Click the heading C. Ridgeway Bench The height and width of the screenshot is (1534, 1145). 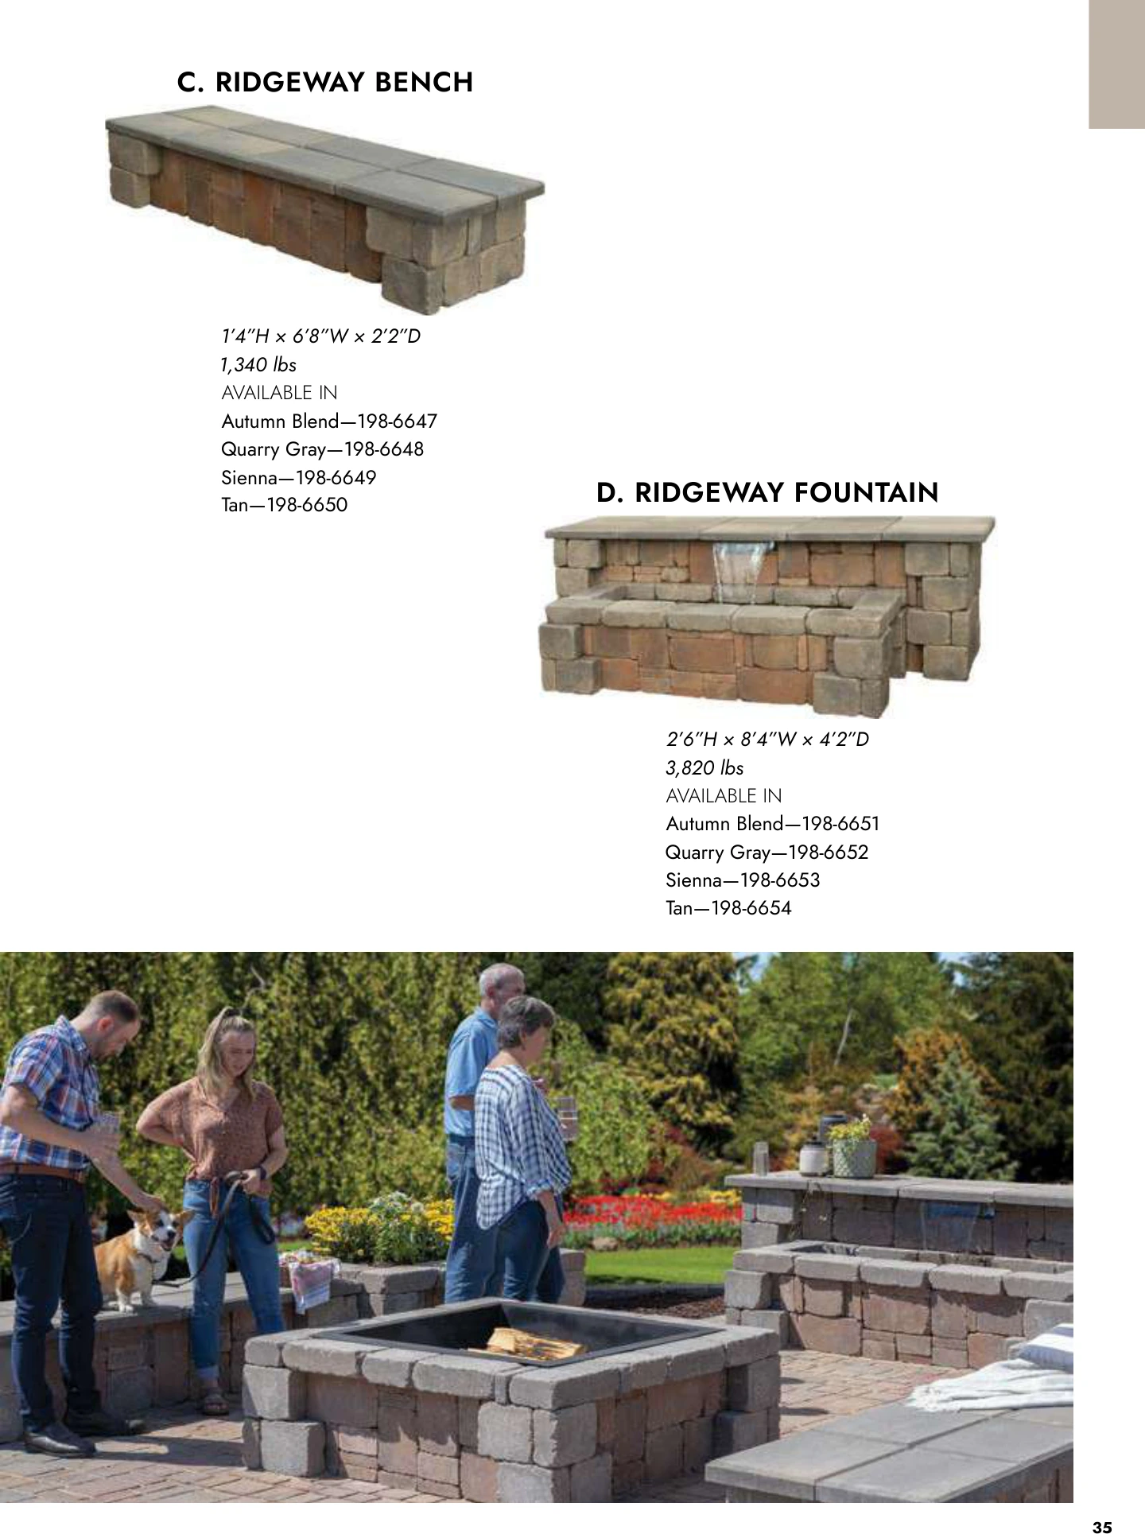[x=324, y=82]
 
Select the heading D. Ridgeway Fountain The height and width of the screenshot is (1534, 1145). [x=767, y=492]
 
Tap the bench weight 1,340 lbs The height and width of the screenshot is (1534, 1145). [x=258, y=365]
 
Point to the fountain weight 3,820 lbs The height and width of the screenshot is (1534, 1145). [x=704, y=768]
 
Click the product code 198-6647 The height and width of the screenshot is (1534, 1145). [x=398, y=421]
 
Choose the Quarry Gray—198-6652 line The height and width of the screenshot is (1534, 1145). [x=767, y=852]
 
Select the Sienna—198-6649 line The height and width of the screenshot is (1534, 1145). [x=299, y=478]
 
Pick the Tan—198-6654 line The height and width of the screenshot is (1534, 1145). [x=728, y=908]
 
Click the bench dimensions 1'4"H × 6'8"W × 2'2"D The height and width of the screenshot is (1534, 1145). [x=320, y=336]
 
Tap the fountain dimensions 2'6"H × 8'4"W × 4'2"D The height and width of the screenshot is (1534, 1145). [x=767, y=740]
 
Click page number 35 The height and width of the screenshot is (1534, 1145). [x=1102, y=1505]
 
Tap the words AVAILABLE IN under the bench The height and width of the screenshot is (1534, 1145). [x=279, y=393]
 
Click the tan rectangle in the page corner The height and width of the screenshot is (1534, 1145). [x=1116, y=64]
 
